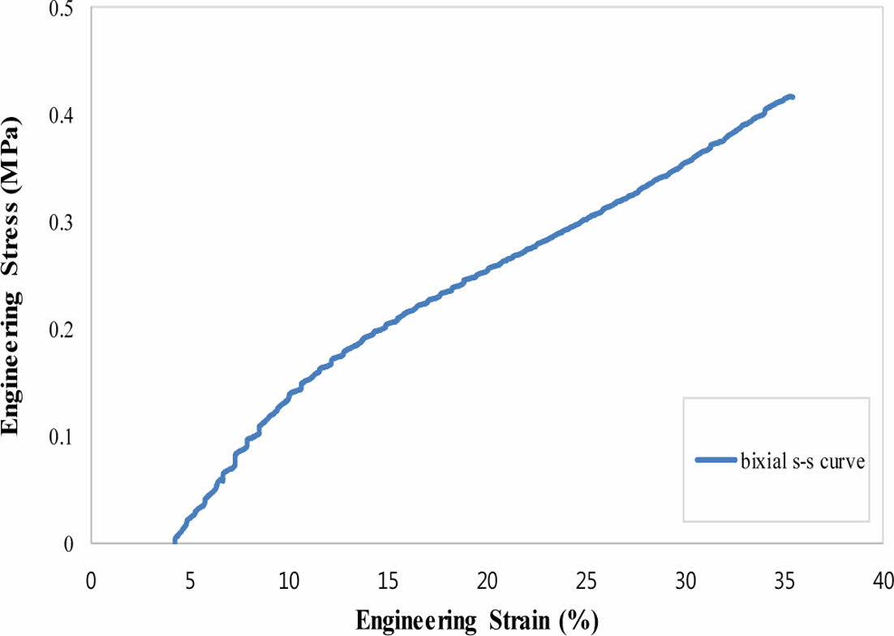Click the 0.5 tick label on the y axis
point(62,9)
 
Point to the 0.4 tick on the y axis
point(62,115)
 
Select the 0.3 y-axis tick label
point(62,223)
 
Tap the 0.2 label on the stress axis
point(62,330)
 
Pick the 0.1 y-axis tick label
point(62,437)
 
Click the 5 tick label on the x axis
point(190,582)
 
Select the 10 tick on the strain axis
point(289,582)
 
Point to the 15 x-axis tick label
point(388,582)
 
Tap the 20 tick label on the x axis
point(487,582)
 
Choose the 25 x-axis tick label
point(587,582)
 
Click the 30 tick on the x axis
point(686,582)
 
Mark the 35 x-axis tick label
point(784,582)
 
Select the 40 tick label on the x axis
point(883,582)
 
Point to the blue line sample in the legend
point(716,461)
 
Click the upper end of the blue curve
point(791,97)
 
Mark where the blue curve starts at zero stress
point(174,541)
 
